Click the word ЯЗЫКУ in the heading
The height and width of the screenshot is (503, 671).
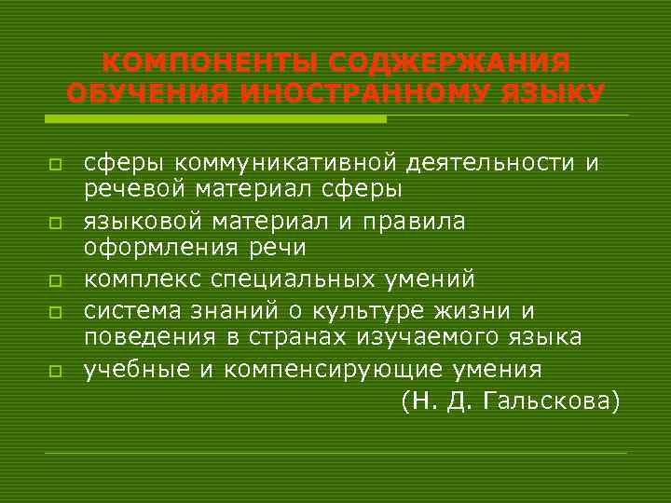555,95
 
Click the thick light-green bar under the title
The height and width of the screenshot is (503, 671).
215,119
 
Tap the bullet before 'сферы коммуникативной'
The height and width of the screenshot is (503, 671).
56,164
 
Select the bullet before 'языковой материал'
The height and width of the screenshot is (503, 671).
56,223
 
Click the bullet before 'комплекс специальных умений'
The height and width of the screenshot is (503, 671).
56,280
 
